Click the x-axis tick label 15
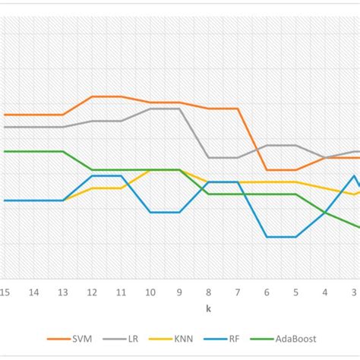coord(5,292)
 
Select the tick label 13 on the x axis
coord(63,292)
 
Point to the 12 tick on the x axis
coord(92,292)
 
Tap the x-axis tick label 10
coord(150,292)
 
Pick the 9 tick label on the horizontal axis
coord(179,292)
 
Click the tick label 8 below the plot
coord(209,292)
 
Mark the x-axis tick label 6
coord(267,292)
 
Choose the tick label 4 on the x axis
coord(325,292)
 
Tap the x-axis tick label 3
coord(354,292)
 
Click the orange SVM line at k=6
coord(267,170)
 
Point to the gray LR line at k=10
coord(150,109)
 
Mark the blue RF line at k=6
coord(267,237)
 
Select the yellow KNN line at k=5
coord(296,182)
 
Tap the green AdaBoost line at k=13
coord(63,151)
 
